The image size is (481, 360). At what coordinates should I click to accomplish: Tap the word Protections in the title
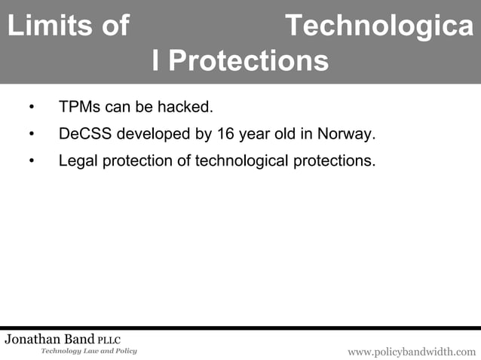pyautogui.click(x=248, y=61)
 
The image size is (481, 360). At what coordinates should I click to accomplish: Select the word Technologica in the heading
pyautogui.click(x=380, y=27)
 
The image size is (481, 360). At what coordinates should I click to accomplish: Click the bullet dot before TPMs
pyautogui.click(x=32, y=108)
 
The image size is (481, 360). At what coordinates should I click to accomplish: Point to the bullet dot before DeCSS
pyautogui.click(x=32, y=135)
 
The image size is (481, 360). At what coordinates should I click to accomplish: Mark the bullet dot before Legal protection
pyautogui.click(x=32, y=161)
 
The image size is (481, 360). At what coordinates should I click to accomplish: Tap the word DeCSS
pyautogui.click(x=84, y=135)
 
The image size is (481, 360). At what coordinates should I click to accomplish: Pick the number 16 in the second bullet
pyautogui.click(x=225, y=135)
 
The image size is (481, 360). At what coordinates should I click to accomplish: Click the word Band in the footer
pyautogui.click(x=81, y=340)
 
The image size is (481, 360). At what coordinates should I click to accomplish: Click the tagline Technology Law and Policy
pyautogui.click(x=88, y=352)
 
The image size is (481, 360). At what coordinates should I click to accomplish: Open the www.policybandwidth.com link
pyautogui.click(x=411, y=352)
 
